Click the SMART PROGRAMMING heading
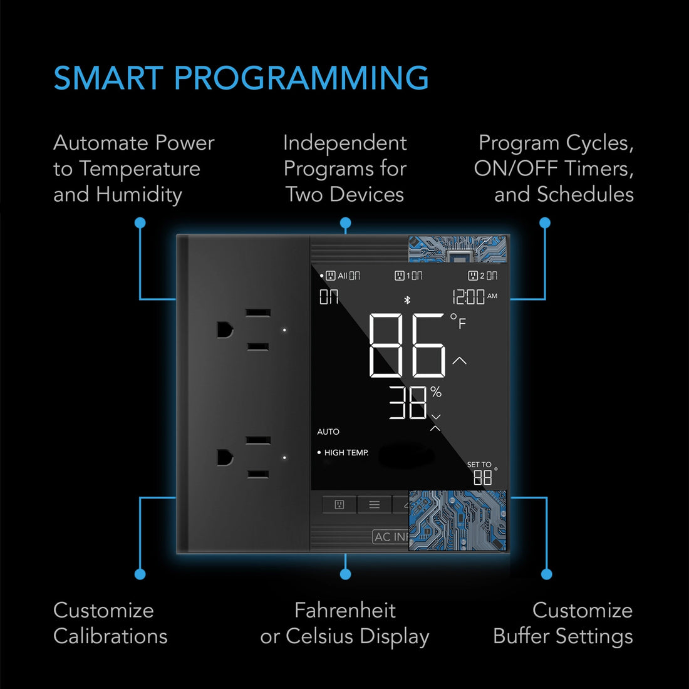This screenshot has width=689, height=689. point(241,78)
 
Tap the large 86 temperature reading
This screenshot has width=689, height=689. point(407,346)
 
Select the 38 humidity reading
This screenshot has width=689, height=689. point(408,403)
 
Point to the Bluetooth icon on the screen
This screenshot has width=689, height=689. point(407,300)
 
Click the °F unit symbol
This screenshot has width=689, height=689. point(458,321)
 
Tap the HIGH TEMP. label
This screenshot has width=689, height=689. point(346,452)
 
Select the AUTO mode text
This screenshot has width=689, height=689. point(328,432)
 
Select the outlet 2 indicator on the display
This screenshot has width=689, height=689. point(482,276)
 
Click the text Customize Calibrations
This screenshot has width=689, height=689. point(110,623)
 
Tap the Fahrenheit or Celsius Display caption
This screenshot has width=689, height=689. point(344,623)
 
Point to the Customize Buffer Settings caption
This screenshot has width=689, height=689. point(562,623)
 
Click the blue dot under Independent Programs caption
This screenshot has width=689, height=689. point(345,223)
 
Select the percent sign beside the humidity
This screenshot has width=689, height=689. point(436,393)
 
